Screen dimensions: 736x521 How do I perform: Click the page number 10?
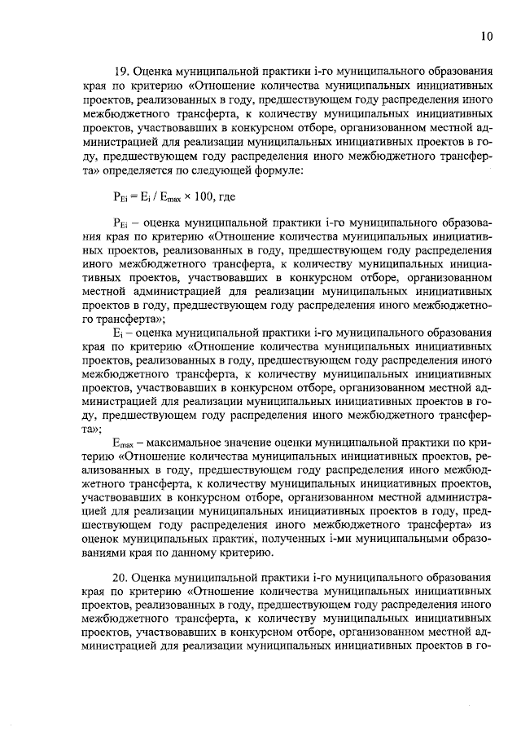point(486,35)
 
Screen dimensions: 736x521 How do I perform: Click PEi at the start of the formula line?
point(119,197)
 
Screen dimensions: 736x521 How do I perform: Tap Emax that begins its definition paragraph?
point(123,441)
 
